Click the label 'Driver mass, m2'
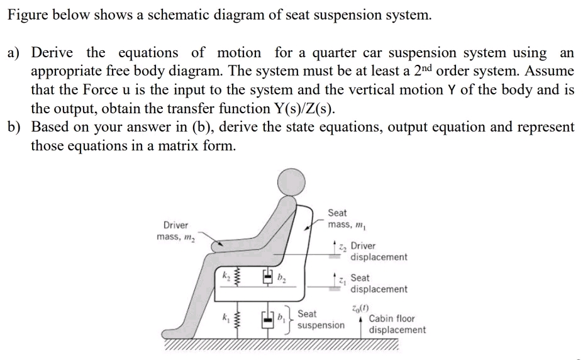(175, 231)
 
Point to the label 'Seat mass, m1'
(346, 219)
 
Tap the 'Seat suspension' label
(320, 319)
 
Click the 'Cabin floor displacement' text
(396, 324)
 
